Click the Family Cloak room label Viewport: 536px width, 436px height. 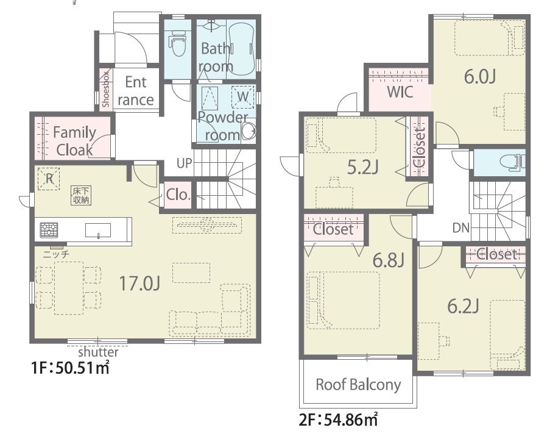coord(74,141)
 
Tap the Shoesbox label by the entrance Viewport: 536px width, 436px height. coord(106,89)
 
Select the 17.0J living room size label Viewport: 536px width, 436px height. coord(140,284)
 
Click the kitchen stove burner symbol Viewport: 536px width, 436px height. coord(49,230)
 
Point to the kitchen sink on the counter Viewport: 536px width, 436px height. coord(98,231)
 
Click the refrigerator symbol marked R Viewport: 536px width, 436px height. coord(49,178)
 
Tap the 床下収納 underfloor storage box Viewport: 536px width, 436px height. coord(82,195)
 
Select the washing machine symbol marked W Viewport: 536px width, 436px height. coord(242,97)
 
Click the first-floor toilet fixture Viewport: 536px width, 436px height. coord(177,43)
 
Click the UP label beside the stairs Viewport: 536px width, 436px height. coord(185,163)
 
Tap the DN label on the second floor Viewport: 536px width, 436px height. coord(461,227)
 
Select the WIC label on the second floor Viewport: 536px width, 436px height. coord(400,91)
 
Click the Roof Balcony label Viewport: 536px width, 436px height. coord(358,385)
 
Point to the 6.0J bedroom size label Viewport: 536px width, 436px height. coord(480,77)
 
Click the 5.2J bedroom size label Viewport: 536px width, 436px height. coord(362,168)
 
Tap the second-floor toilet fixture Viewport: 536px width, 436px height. coord(512,162)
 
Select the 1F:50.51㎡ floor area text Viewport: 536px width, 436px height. coord(71,368)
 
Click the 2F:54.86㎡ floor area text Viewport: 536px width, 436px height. coord(339,420)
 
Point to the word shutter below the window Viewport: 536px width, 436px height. coord(99,352)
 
